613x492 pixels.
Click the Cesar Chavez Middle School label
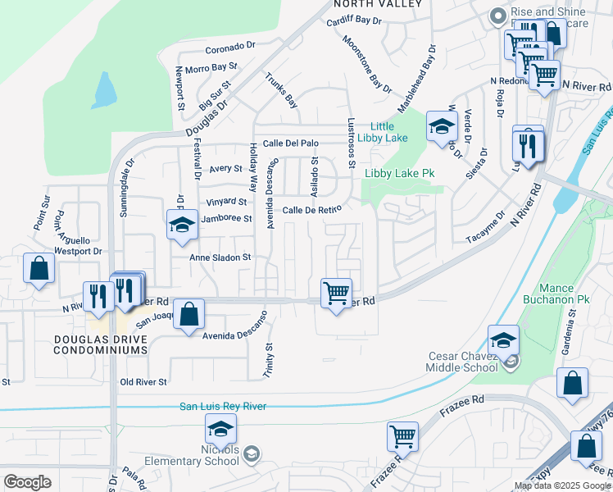tap(464, 362)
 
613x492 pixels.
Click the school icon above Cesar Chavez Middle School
tap(503, 339)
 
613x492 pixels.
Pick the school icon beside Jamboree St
tap(182, 225)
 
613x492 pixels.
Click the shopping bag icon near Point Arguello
tap(39, 268)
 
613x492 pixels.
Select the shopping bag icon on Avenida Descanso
tap(188, 313)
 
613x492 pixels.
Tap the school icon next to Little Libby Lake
tap(441, 126)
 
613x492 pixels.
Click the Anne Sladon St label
tap(219, 257)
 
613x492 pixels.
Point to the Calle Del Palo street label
tap(290, 143)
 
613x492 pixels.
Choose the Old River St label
tap(143, 382)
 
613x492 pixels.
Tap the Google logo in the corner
tap(27, 482)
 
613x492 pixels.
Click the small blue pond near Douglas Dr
tap(103, 90)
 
